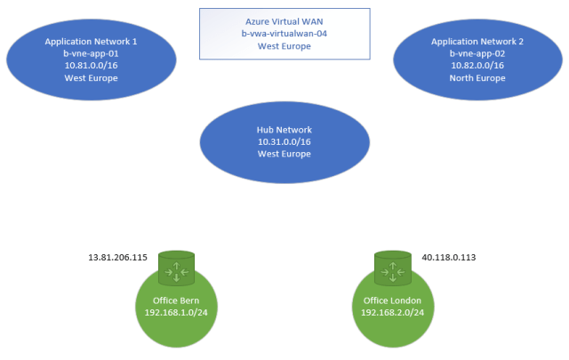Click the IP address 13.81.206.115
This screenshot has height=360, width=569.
[118, 259]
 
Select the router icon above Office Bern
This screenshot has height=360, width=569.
[175, 267]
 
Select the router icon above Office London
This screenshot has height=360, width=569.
[392, 267]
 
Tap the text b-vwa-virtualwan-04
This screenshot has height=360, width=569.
[284, 34]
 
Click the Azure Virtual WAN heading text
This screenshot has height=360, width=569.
[284, 21]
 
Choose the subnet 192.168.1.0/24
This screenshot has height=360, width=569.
[175, 312]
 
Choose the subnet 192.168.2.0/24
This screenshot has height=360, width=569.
[392, 312]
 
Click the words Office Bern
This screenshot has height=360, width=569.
[175, 300]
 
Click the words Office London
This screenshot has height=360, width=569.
[392, 300]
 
